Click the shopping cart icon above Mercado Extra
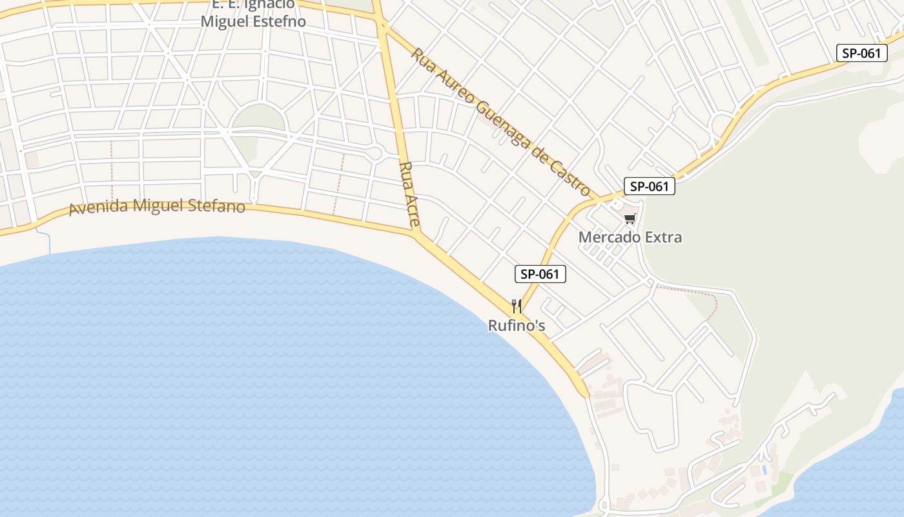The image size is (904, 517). pos(630,218)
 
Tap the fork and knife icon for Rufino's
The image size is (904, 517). pos(516,306)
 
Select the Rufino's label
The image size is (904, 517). pos(517,325)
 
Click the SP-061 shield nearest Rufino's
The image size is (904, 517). pos(540,274)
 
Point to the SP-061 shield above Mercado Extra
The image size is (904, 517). pos(650,187)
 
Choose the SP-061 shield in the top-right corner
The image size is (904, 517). pos(861,53)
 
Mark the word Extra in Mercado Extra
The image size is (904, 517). pos(661,237)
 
